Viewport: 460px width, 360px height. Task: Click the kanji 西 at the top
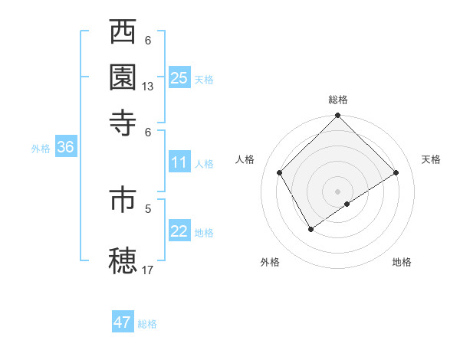[x=124, y=34]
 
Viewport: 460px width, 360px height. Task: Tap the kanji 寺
[x=124, y=123]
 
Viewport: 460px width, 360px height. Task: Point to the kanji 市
[x=124, y=201]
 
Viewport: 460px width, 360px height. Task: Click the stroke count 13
[x=148, y=87]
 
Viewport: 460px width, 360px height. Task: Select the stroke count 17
[x=148, y=270]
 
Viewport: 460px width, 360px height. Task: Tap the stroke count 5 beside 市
[x=148, y=208]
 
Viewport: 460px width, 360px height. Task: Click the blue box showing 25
[x=179, y=77]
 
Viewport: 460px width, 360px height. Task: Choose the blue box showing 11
[x=179, y=162]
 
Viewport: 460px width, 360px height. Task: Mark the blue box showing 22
[x=179, y=231]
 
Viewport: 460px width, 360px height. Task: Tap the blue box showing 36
[x=65, y=148]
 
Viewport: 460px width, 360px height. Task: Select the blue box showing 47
[x=123, y=322]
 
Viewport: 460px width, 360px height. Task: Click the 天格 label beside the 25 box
[x=204, y=79]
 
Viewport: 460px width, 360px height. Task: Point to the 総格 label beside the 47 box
[x=147, y=324]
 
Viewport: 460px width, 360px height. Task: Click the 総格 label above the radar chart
[x=338, y=100]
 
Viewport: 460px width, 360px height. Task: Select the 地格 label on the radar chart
[x=402, y=262]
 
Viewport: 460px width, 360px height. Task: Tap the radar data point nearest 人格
[x=280, y=172]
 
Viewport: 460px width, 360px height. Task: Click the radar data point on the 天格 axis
[x=396, y=173]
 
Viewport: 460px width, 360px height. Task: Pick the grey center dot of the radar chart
[x=337, y=191]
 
